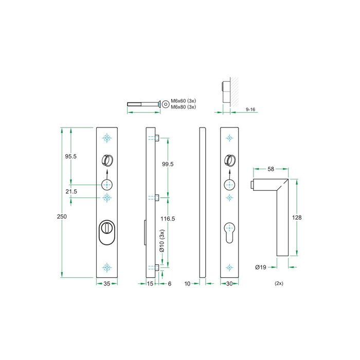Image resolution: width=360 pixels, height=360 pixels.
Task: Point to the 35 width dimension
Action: (x=107, y=283)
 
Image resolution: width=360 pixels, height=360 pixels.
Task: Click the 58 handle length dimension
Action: (x=270, y=169)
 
